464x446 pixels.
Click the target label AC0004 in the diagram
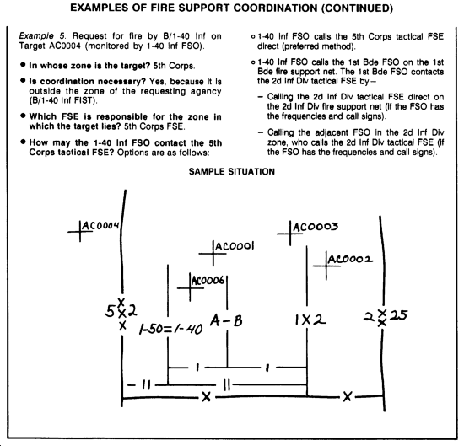point(100,226)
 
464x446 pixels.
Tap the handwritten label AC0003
point(316,227)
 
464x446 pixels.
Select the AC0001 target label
point(235,246)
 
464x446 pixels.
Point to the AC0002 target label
point(350,260)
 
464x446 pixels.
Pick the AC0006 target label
point(208,280)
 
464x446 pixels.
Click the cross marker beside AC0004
point(80,232)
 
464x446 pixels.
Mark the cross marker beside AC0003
point(290,234)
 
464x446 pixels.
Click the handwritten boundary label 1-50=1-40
point(170,329)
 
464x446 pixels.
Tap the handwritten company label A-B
point(226,320)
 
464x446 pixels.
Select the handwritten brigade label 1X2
point(310,320)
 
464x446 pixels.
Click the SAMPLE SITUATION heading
point(232,171)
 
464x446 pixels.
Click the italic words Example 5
point(43,36)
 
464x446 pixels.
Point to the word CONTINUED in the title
point(358,8)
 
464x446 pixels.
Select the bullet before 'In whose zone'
point(23,64)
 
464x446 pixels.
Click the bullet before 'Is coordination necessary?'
point(23,80)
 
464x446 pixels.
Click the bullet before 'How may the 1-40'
point(23,142)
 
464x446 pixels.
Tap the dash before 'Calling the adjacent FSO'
point(261,132)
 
